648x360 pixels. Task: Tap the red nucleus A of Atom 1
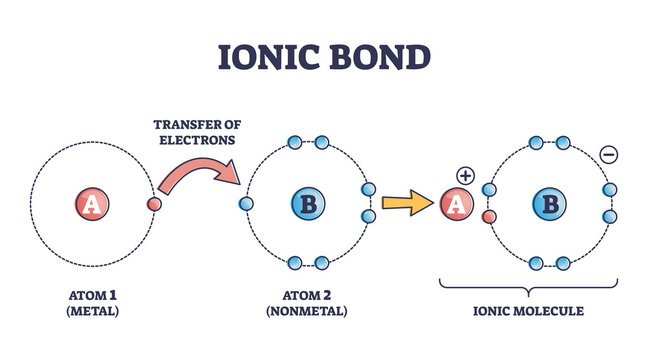coord(91,205)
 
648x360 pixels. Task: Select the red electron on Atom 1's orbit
coord(153,205)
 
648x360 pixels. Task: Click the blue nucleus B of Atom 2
coord(308,205)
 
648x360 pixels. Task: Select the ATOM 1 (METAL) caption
coord(92,304)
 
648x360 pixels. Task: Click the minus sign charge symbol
coord(610,155)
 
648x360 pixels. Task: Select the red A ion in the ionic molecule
coord(455,205)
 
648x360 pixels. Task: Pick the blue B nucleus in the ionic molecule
coord(549,205)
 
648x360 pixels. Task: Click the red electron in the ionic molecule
coord(489,216)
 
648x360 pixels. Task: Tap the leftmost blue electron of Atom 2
coord(246,205)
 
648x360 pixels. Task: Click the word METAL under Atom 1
coord(92,312)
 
